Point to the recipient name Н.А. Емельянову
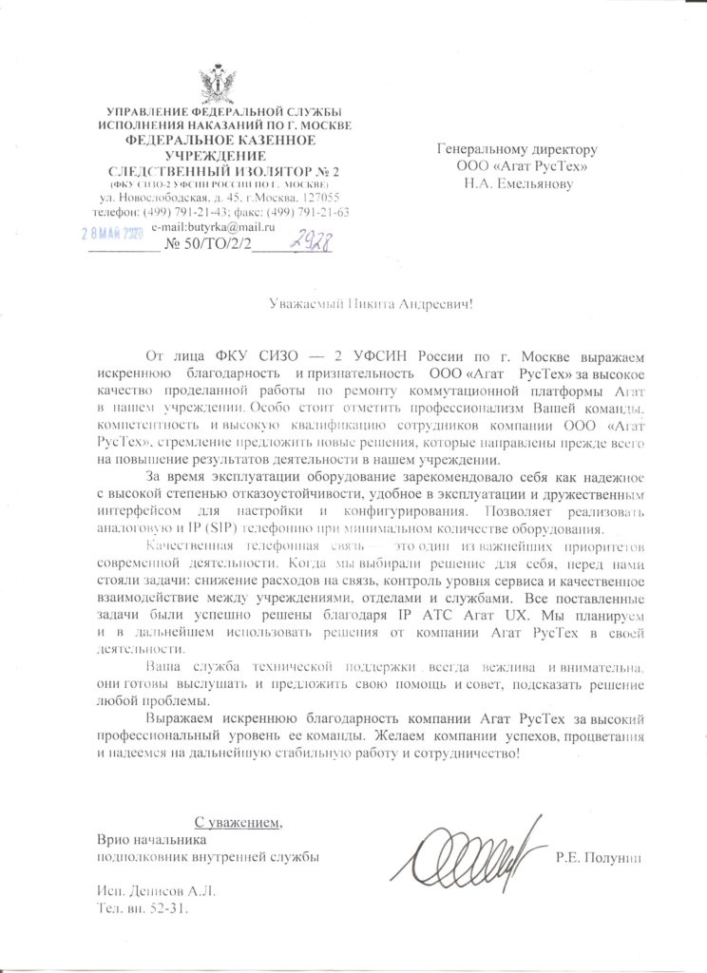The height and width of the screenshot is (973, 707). [518, 182]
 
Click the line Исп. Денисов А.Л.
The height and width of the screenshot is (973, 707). [158, 890]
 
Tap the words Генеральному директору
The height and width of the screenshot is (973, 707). [516, 149]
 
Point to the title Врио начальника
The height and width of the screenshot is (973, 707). [151, 839]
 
